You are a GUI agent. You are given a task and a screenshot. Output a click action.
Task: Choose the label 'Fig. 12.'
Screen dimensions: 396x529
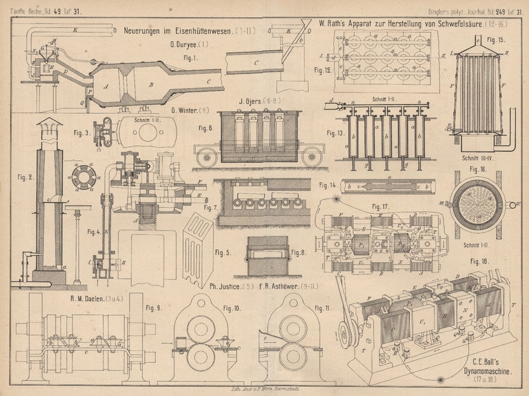[x=323, y=69]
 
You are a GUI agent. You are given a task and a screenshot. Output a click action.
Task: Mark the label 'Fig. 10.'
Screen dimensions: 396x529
[x=231, y=308]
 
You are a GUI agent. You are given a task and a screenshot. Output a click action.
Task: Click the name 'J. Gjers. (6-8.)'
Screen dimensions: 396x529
[x=255, y=101]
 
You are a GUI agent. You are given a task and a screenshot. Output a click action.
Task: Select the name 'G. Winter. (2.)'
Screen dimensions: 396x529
[x=190, y=110]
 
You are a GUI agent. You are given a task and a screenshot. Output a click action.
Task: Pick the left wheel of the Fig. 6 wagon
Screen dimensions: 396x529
[x=208, y=159]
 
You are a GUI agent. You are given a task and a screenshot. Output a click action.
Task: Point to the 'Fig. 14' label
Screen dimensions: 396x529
[x=327, y=185]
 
